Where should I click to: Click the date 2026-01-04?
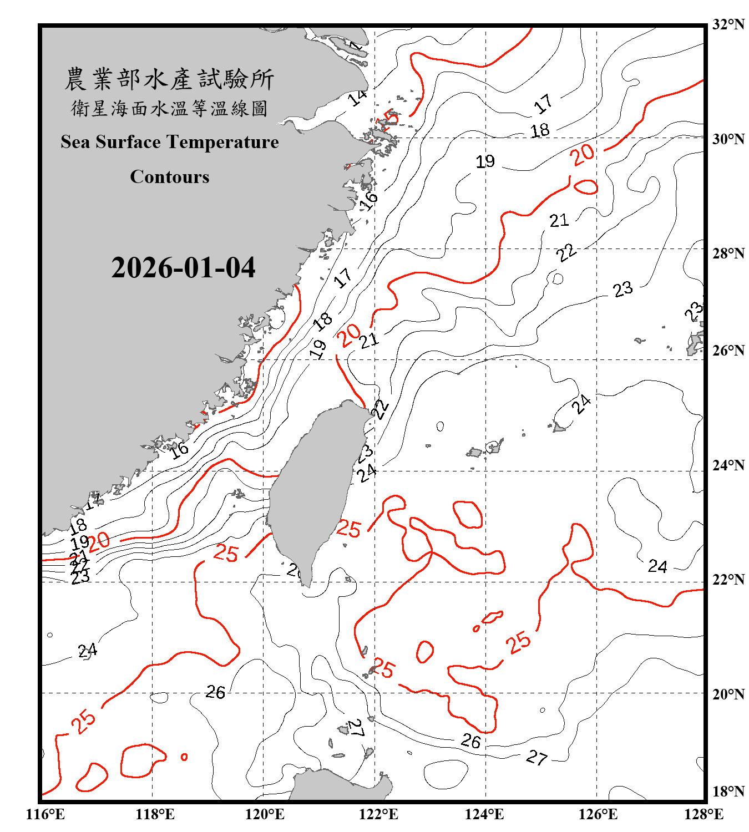[183, 268]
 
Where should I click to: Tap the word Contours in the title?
[170, 177]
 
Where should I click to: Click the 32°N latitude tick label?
[728, 24]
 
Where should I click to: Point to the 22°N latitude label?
[728, 580]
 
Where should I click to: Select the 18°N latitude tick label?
[728, 792]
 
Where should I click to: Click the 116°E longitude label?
[45, 814]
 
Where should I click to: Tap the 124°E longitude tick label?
[484, 814]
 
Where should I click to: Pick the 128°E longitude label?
[704, 814]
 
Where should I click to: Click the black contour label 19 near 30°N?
[485, 161]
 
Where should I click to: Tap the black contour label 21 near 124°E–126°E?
[559, 221]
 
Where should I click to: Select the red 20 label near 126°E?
[583, 155]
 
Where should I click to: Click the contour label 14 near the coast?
[358, 98]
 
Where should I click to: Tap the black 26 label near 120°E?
[215, 692]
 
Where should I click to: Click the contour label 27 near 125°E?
[537, 757]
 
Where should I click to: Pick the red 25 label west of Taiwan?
[226, 553]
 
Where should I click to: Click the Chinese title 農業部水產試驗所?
[169, 79]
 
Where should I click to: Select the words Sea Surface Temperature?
[170, 142]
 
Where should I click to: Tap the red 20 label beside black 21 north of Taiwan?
[349, 335]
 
